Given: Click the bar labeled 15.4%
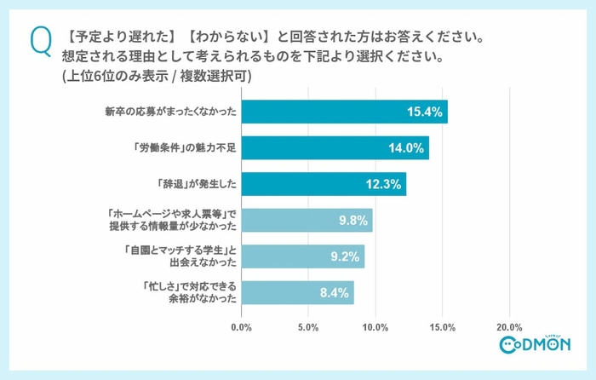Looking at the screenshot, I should click(x=344, y=112).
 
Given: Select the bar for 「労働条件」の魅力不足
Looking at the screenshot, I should click(x=335, y=148).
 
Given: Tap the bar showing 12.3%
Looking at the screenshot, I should click(x=324, y=184).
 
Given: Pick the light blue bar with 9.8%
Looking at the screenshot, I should click(x=307, y=221).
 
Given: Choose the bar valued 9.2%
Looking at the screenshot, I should click(x=302, y=256).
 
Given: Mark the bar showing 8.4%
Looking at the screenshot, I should click(x=297, y=293).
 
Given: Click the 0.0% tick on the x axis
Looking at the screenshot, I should click(x=242, y=326).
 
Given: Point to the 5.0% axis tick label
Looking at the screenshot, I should click(x=309, y=326).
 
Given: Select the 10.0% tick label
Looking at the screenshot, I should click(x=375, y=326).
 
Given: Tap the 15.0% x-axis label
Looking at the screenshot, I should click(x=443, y=326).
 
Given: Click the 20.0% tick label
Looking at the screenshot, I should click(x=509, y=326).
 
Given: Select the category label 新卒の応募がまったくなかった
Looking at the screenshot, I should click(x=169, y=112).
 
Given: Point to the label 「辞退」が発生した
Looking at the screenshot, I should click(x=194, y=184).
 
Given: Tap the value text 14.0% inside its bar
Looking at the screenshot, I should click(x=407, y=148).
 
